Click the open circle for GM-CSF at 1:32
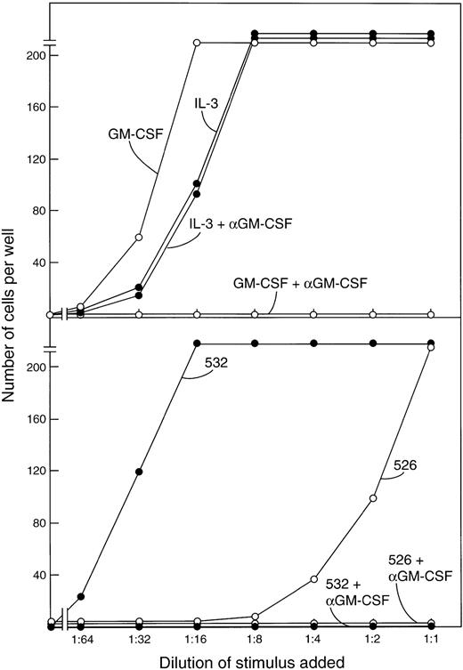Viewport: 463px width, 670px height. [x=139, y=238]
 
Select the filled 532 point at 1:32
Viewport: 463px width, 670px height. [x=139, y=472]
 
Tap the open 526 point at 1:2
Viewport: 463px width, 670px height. [x=372, y=498]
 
